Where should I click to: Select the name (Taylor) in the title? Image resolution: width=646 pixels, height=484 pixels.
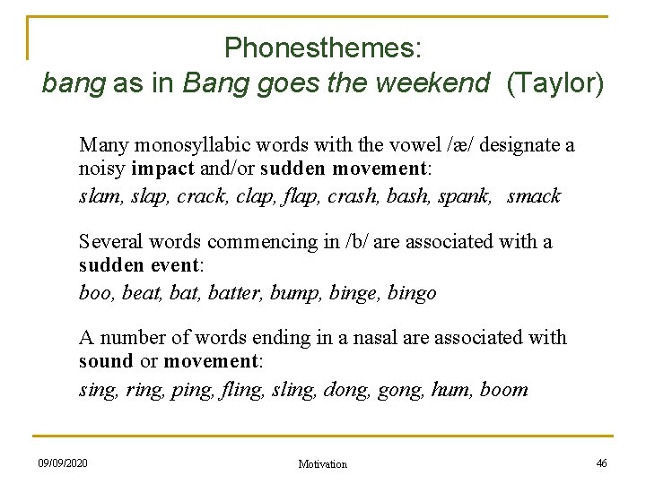(555, 84)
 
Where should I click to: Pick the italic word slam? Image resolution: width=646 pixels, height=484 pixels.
(99, 196)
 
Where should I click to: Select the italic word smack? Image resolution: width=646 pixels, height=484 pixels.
(534, 196)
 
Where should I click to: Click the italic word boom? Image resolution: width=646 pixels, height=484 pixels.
(503, 390)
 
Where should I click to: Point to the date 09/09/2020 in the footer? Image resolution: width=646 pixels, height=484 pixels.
(63, 463)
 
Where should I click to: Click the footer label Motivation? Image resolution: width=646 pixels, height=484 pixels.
(322, 464)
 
